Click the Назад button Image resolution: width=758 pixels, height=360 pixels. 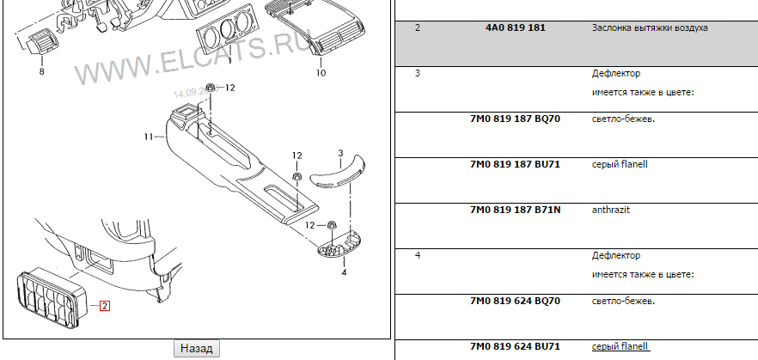coord(197,349)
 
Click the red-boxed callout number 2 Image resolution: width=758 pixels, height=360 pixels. coord(105,306)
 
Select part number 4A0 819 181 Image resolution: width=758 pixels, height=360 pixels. coord(516,28)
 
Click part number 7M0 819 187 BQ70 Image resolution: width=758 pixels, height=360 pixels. coord(515,119)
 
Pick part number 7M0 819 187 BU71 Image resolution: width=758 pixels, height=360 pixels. coord(515,164)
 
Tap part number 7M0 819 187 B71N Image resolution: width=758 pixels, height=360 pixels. coord(516,210)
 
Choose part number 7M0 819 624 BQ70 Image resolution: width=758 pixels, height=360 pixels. coord(515,301)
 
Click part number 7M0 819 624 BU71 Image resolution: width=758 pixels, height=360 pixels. coord(515,346)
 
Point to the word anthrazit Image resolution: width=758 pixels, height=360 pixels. coord(611,210)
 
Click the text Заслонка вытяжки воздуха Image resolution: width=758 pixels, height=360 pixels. coord(650,28)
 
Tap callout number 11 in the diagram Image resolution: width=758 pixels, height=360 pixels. coord(149,137)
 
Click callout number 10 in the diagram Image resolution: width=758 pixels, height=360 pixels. coord(321,73)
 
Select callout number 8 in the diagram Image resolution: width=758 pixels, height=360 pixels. coord(41,71)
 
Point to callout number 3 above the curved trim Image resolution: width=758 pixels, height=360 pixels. coord(340,154)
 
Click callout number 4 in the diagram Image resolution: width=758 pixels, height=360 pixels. coord(344,272)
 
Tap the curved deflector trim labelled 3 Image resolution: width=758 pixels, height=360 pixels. coord(338,172)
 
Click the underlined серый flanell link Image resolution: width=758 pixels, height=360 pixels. coord(620,346)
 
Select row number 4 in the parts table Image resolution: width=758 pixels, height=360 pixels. coord(418,255)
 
